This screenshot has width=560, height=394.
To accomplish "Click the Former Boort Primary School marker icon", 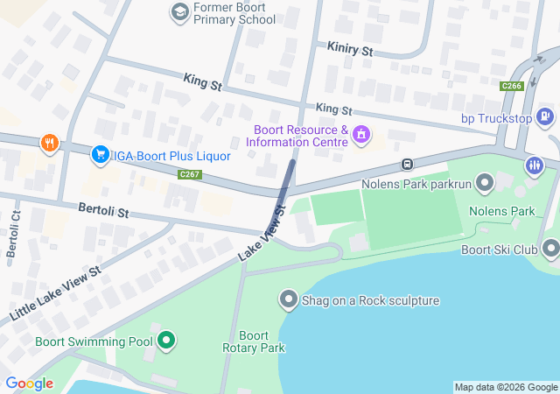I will [180, 12].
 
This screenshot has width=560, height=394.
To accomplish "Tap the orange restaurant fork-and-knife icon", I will [48, 143].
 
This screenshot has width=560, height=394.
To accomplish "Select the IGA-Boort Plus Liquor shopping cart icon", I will [101, 155].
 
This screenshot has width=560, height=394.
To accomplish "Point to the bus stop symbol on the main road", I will [407, 165].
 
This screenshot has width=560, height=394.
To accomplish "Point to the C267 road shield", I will [190, 175].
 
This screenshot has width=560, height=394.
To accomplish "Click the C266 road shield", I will [512, 86].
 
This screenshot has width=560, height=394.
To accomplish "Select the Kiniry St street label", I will [349, 51].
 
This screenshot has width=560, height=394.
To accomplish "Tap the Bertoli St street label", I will [103, 212].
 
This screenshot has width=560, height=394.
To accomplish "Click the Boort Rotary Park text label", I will [253, 341].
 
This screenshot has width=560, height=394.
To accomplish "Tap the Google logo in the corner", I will [29, 383].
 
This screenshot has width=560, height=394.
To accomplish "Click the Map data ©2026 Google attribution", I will [506, 387].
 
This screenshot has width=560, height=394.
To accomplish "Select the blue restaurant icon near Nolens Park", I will [534, 165].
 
